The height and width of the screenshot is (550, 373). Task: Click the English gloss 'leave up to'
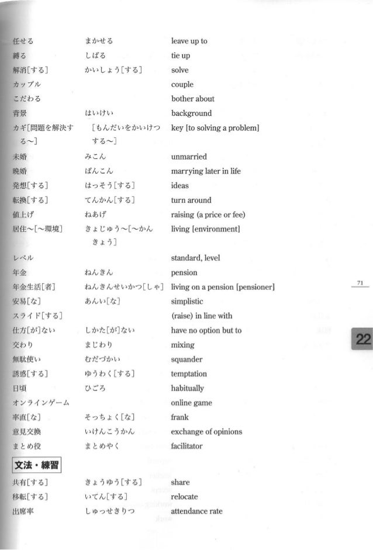189,41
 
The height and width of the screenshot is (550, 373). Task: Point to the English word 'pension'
184,273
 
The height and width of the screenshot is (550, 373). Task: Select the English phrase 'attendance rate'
196,511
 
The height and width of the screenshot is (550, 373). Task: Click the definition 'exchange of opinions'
206,432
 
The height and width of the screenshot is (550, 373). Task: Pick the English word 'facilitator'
186,447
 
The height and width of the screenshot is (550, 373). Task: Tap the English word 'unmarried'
189,157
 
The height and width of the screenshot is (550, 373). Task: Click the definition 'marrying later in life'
205,171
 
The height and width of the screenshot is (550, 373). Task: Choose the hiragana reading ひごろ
95,389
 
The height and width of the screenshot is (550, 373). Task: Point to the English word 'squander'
185,359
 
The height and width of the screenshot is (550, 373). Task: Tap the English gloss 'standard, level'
195,258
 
